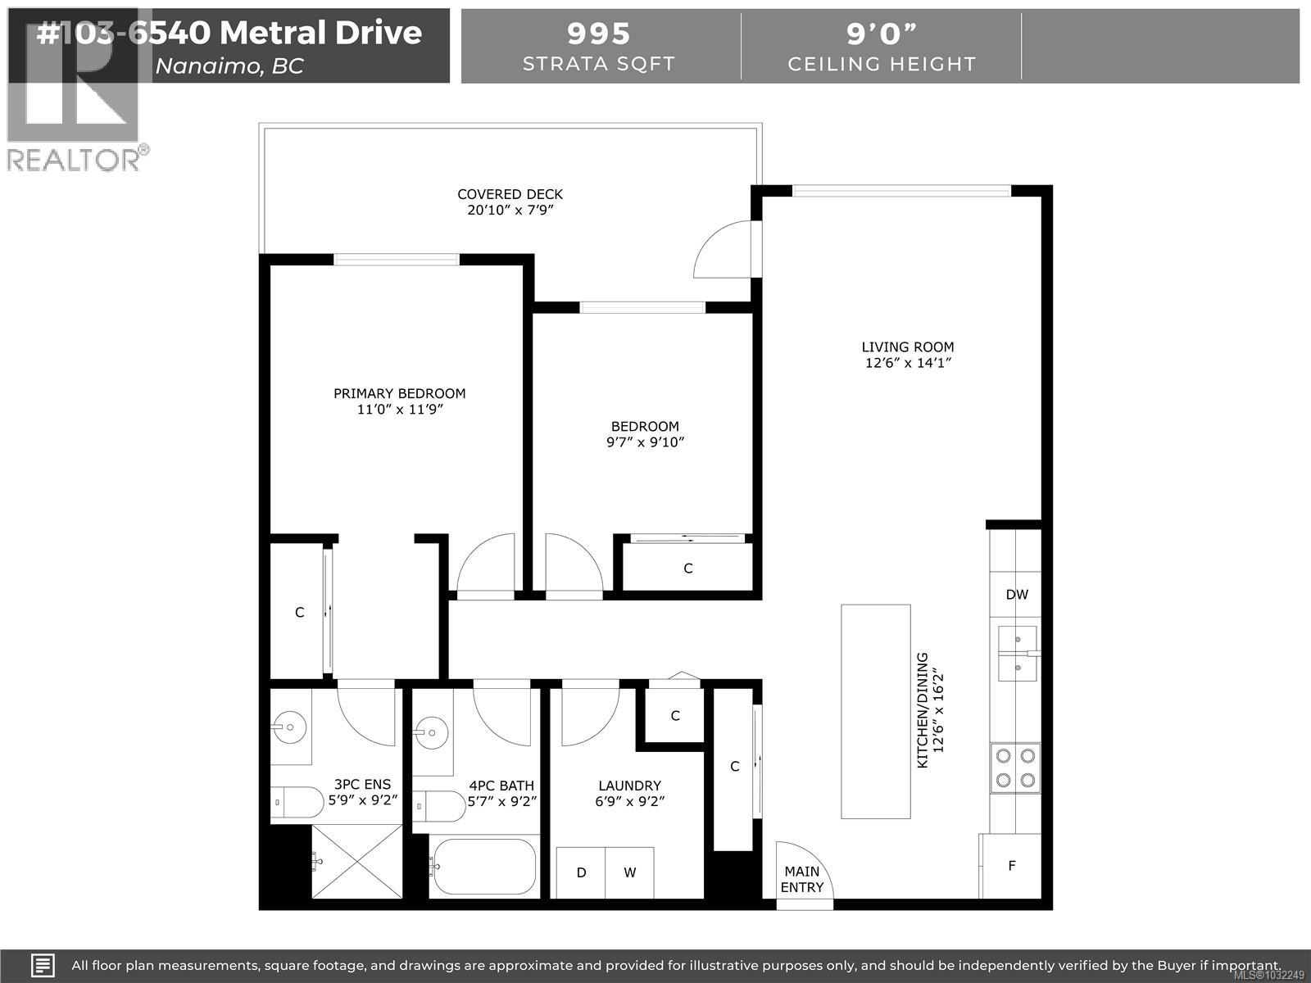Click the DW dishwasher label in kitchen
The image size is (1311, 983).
point(1016,595)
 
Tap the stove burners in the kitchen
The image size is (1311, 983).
point(1015,768)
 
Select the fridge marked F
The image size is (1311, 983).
point(1011,865)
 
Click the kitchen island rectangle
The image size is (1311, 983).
point(875,711)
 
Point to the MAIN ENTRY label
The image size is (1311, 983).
point(801,879)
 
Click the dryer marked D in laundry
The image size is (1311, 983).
point(581,872)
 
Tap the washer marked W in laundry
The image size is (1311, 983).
point(629,872)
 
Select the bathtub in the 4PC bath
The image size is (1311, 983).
point(483,866)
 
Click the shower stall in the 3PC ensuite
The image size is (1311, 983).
point(357,861)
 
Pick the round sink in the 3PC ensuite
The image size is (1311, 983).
point(289,726)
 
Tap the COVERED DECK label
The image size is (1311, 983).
point(510,194)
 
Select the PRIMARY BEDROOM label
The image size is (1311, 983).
point(399,393)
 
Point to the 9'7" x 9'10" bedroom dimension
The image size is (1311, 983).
point(645,442)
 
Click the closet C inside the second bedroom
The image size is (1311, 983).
point(687,568)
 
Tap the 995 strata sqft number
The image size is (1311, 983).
point(599,34)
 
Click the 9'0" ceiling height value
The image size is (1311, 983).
point(881,34)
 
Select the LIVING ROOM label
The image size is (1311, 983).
point(907,347)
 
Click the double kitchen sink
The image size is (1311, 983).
point(1017,653)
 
